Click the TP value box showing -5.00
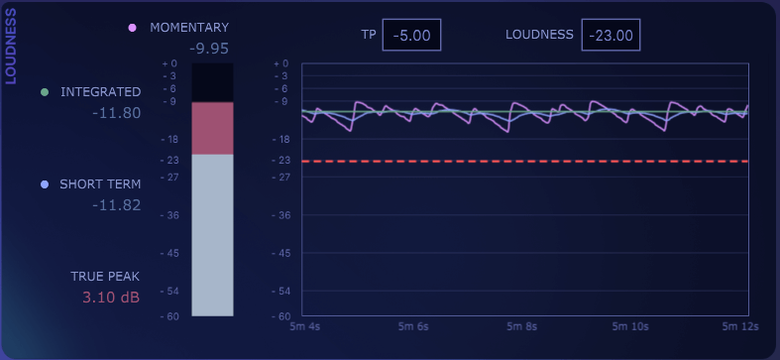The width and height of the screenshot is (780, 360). pos(411,35)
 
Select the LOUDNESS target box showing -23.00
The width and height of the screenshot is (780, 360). pos(611,35)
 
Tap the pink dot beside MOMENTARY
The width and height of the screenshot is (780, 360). pos(132,28)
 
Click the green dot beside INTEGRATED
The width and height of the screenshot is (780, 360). pos(44,92)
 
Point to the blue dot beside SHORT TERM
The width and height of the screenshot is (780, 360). pos(44,184)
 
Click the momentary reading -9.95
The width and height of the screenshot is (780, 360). pos(209,48)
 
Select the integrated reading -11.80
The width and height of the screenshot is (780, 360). pos(116,113)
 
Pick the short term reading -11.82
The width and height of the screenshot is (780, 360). pos(116,205)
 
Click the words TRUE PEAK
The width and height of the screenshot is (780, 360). pos(105,276)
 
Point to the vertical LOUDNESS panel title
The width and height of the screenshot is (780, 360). pos(11,47)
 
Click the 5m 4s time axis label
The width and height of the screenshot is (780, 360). pos(304,326)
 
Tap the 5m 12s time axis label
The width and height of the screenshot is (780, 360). pos(739,326)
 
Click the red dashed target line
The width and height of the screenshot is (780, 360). pos(525,161)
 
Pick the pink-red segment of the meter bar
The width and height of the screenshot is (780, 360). pos(212,128)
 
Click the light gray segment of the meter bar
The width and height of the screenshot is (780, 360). pos(212,235)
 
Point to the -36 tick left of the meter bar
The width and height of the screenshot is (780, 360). pos(169,215)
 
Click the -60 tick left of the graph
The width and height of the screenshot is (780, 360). pos(281,315)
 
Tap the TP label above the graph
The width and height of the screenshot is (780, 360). pos(369,35)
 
